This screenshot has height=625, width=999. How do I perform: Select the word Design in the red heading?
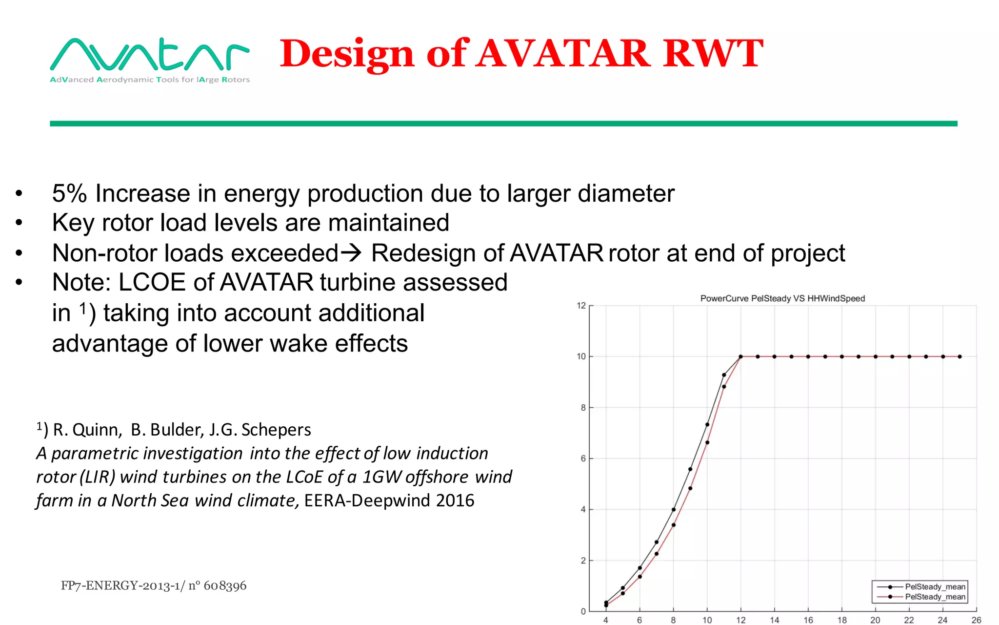click(x=347, y=54)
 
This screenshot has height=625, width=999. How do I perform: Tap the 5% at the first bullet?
click(x=69, y=193)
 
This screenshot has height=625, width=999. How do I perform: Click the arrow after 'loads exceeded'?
click(x=351, y=252)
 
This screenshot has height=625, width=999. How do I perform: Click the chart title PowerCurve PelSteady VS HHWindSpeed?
click(x=782, y=298)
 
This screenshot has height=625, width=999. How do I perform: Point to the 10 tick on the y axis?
click(x=581, y=356)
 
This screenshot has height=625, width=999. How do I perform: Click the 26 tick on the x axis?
click(x=976, y=620)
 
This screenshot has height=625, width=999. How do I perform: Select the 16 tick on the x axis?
click(x=808, y=620)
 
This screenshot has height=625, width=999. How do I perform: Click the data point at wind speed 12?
click(x=741, y=356)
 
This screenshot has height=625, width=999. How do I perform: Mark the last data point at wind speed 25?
click(x=959, y=356)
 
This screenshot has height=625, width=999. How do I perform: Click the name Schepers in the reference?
click(x=276, y=430)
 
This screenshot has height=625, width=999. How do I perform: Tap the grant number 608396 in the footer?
click(x=225, y=585)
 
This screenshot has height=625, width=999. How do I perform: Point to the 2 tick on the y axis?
click(x=583, y=561)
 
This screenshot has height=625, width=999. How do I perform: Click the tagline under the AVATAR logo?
click(x=149, y=80)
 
